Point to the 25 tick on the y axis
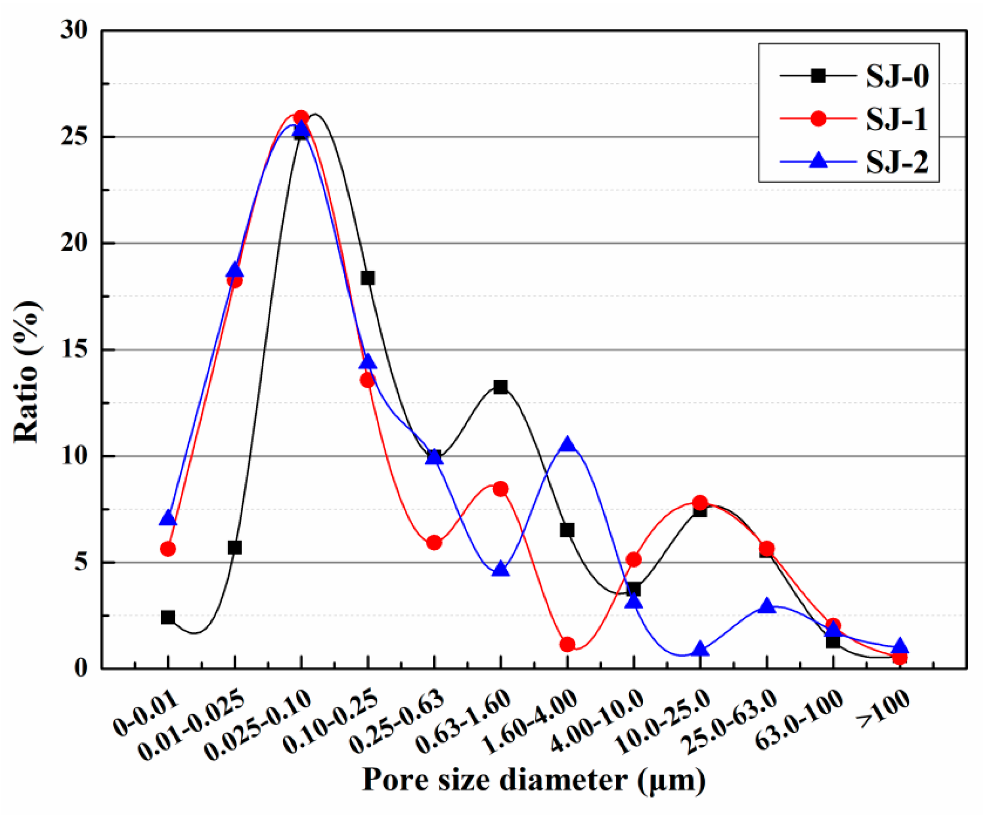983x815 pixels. pos(74,137)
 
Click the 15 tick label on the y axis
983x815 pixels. pos(74,349)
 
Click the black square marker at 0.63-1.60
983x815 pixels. pos(501,387)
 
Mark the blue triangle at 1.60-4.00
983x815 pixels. pos(567,444)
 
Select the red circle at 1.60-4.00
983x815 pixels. pos(567,644)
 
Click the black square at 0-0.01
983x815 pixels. pos(168,617)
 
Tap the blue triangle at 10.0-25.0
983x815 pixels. pos(701,649)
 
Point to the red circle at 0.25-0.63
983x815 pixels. pos(434,543)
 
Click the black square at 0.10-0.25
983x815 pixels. pos(367,278)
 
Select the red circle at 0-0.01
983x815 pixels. pos(168,549)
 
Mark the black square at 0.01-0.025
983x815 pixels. pos(235,547)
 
